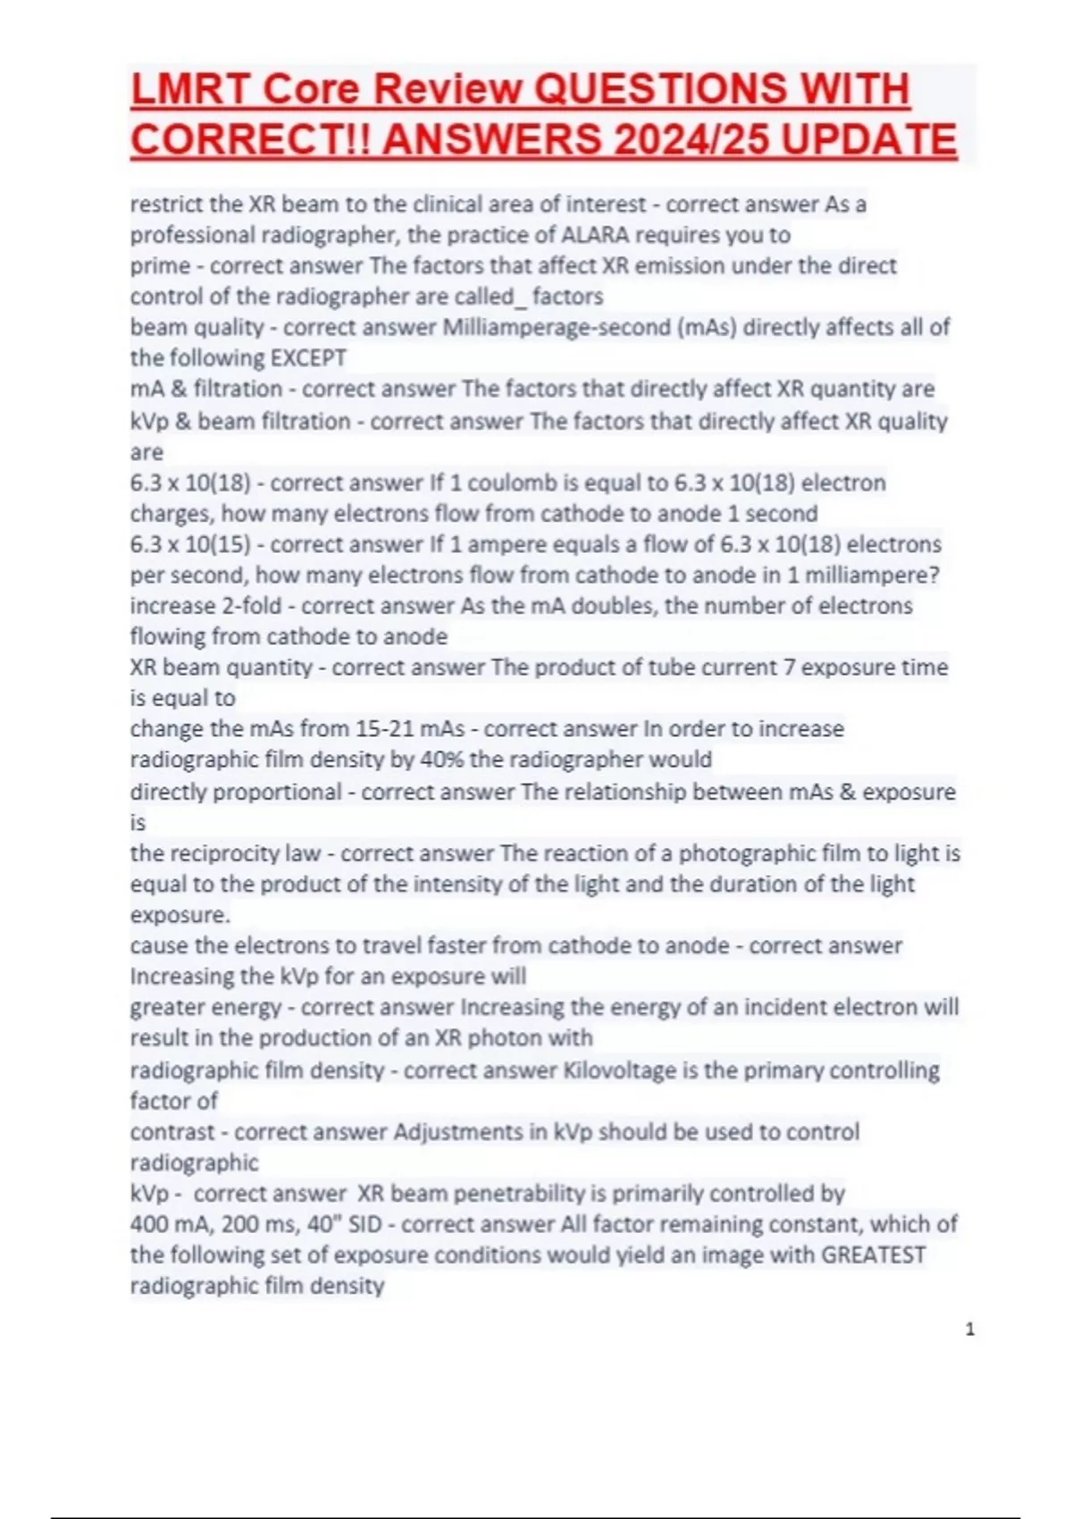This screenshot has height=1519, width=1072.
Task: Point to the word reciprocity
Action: [x=224, y=853]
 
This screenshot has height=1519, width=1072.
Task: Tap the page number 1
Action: [x=970, y=1330]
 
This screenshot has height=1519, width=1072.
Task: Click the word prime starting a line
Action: [x=160, y=266]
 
